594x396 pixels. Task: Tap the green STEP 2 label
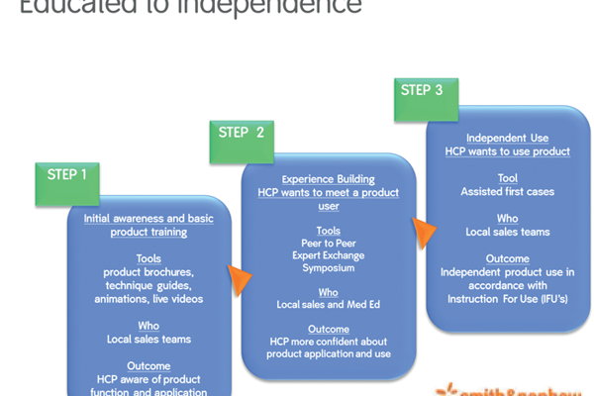(240, 133)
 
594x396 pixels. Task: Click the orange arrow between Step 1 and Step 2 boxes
(237, 279)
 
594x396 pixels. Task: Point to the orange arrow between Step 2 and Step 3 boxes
(423, 232)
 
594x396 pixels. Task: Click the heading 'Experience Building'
(328, 179)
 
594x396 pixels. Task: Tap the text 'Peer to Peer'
(328, 242)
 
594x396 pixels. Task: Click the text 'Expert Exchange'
(328, 254)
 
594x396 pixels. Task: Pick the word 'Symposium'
(328, 268)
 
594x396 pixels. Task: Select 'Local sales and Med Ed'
(328, 305)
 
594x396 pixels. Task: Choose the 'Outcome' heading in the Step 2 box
(328, 329)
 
